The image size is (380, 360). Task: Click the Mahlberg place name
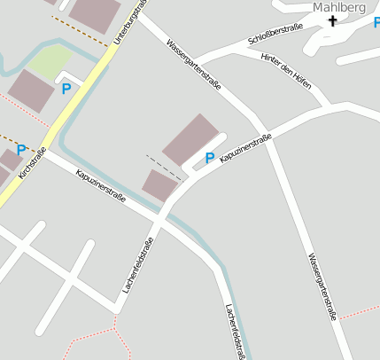coord(338,8)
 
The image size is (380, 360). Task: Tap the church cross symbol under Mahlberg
coord(334,21)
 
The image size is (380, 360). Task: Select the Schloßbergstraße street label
coord(276,35)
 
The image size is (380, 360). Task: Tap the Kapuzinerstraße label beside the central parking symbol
coord(245,147)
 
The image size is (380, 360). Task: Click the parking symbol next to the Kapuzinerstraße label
coord(210,158)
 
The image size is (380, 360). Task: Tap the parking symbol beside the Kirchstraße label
coord(20,149)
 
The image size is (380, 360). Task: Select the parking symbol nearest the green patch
coord(66,89)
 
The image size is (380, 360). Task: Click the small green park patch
coord(50,61)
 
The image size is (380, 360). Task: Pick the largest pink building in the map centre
coord(190,139)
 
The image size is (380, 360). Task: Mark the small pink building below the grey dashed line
coord(160,184)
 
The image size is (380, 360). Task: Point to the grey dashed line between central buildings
coord(165,168)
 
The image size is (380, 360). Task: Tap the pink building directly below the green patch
coord(31,91)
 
